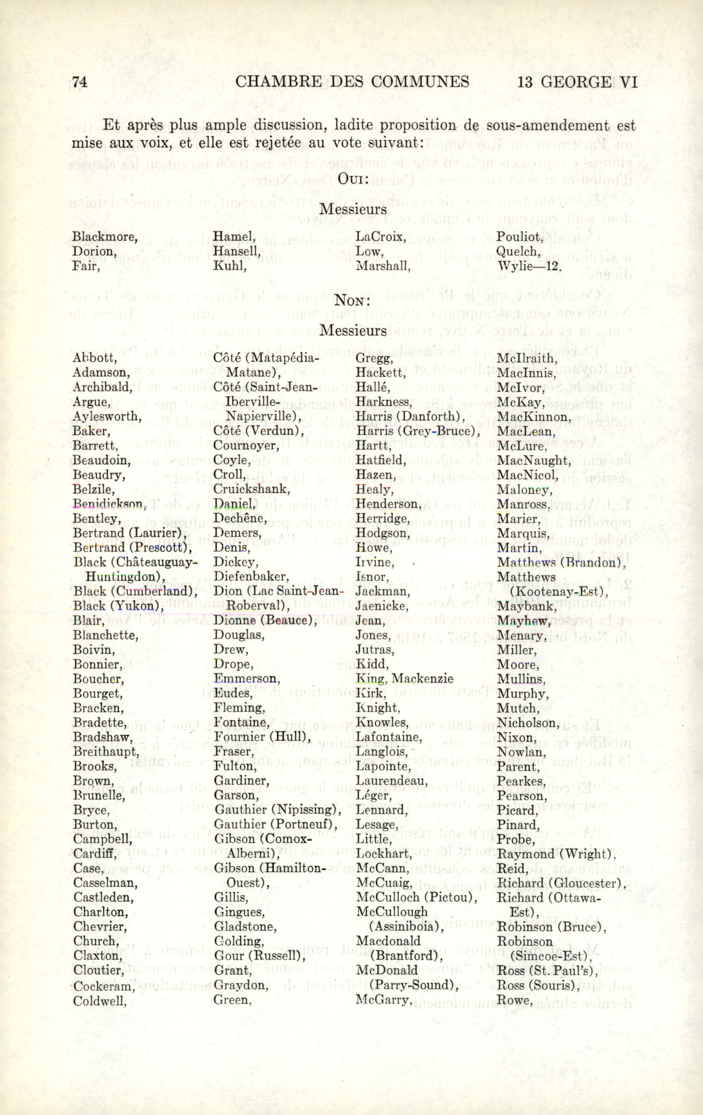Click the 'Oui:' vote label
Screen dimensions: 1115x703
click(x=353, y=179)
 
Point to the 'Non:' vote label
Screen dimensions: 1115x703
click(x=352, y=301)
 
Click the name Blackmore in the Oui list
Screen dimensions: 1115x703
click(x=105, y=237)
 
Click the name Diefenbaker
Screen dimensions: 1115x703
click(x=251, y=577)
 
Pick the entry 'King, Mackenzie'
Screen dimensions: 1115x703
click(x=404, y=679)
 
